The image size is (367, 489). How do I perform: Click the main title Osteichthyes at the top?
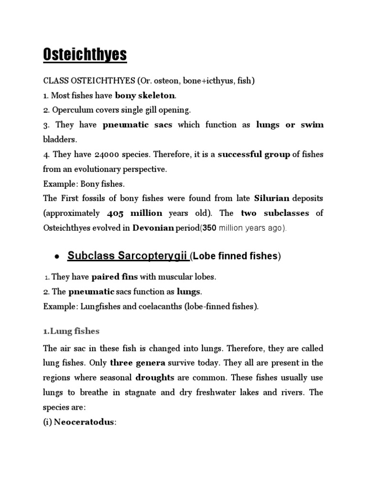(85, 54)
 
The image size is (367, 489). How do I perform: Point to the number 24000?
(104, 154)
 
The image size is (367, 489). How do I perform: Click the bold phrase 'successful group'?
(254, 154)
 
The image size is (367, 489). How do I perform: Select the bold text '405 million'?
(135, 213)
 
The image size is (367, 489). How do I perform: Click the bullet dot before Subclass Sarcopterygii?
(57, 256)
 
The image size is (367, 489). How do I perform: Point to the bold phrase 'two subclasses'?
(275, 213)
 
